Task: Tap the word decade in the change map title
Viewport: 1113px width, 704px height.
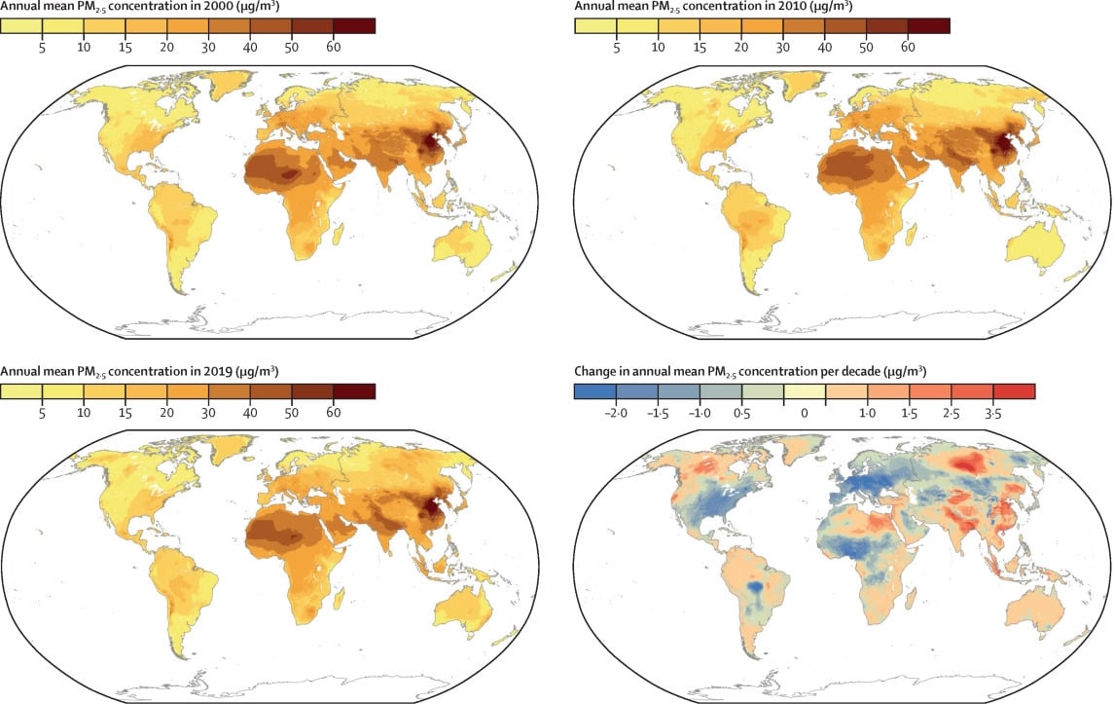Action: (x=854, y=373)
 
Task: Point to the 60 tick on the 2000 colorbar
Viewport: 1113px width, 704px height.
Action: (x=333, y=47)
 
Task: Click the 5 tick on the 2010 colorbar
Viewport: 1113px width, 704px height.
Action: (x=616, y=47)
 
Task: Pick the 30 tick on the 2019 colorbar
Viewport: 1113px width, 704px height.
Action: (x=208, y=413)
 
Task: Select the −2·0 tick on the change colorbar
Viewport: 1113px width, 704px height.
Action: (x=616, y=414)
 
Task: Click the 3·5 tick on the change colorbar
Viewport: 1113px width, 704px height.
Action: (x=993, y=414)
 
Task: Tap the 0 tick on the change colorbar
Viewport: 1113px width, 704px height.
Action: (x=805, y=414)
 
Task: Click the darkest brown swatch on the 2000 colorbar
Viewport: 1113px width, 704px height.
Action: (x=353, y=25)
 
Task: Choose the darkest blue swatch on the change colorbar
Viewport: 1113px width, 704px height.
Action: (x=595, y=391)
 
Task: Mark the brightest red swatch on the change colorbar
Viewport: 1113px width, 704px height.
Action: (x=1014, y=391)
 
